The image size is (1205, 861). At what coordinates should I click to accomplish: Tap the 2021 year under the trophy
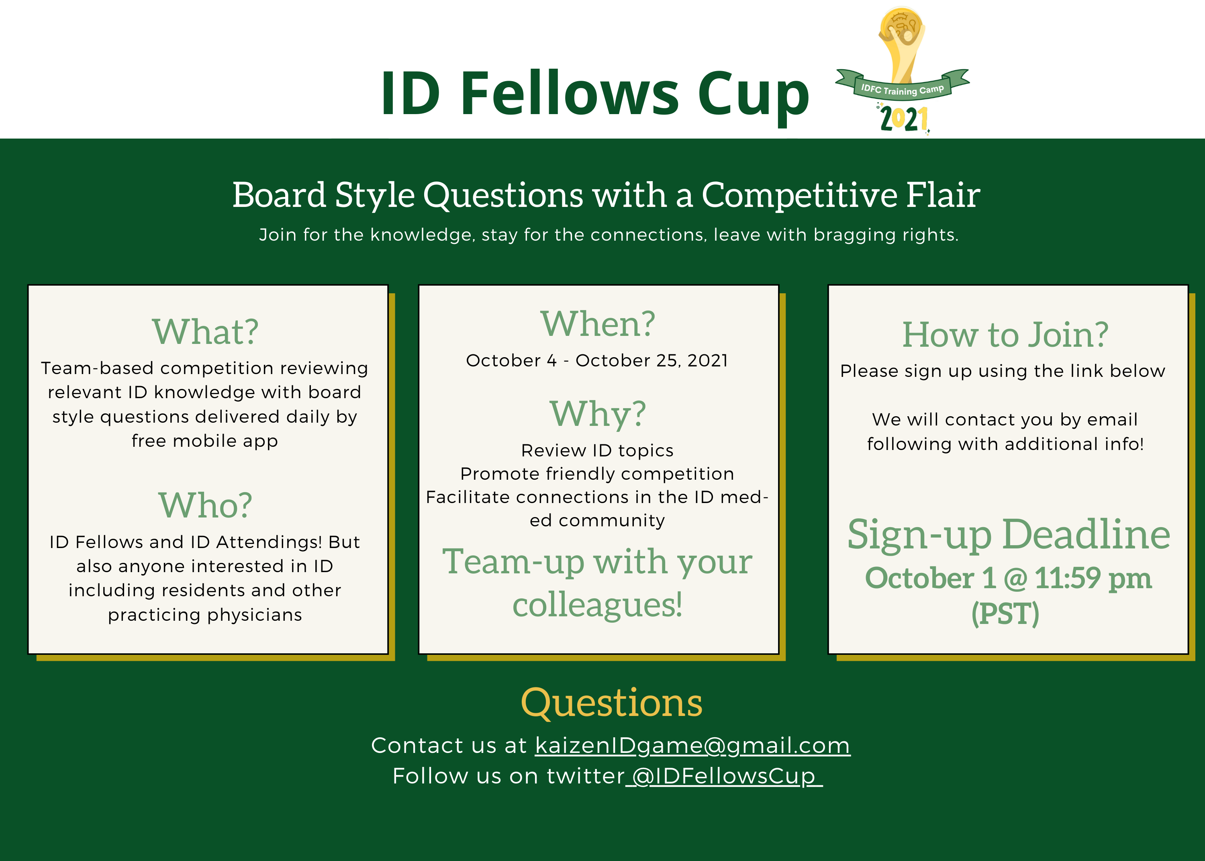[x=904, y=119]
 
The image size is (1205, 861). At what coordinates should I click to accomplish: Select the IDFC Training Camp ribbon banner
[x=903, y=85]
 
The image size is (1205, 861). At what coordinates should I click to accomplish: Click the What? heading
[x=205, y=332]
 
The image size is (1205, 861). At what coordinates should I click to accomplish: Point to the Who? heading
[x=205, y=505]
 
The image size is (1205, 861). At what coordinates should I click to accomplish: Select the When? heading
[x=597, y=323]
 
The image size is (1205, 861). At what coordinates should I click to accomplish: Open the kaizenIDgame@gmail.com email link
[x=692, y=745]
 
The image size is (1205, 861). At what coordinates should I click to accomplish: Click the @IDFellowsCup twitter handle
[x=724, y=776]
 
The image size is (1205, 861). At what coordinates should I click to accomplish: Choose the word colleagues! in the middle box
[x=597, y=605]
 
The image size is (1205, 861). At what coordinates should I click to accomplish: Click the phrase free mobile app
[x=204, y=441]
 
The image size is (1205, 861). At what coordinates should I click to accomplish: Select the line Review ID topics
[x=597, y=451]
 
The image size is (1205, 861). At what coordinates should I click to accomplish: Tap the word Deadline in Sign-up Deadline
[x=1086, y=534]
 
